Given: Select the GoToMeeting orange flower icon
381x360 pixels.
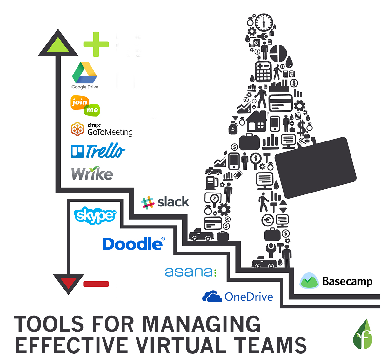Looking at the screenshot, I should [x=77, y=129].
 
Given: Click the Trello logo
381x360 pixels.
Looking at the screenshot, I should [x=98, y=151].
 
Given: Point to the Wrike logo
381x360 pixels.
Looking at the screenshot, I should [x=92, y=173].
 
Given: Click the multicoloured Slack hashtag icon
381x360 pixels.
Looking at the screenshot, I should [x=148, y=202].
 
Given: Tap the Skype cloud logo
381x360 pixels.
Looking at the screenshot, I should [x=95, y=215].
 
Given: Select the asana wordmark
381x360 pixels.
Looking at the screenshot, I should [x=190, y=272].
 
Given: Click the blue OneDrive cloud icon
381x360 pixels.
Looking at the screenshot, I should [x=212, y=297].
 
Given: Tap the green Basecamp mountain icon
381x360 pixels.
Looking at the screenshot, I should [x=309, y=281].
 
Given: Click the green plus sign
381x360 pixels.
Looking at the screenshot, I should [x=96, y=44].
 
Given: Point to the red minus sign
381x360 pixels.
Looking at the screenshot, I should [x=96, y=284].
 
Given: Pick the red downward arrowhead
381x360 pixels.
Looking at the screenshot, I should [x=68, y=282].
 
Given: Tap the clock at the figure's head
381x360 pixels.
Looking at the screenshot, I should [x=264, y=22].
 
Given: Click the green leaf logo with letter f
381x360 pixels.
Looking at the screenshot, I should [x=363, y=335].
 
